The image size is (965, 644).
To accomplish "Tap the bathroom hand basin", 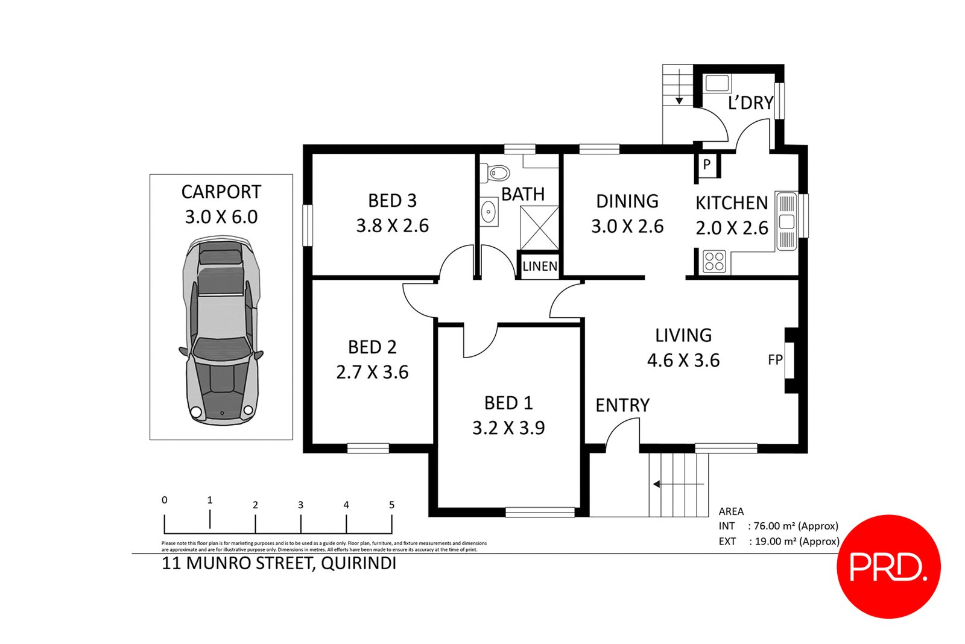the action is click(489, 212).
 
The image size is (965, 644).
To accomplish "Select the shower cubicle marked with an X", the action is click(539, 228).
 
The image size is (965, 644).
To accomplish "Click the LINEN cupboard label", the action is click(540, 266).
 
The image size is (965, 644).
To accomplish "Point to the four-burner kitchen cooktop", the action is click(714, 262).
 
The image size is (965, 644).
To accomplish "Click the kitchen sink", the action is click(786, 221).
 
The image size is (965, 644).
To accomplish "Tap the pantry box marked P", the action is click(707, 165).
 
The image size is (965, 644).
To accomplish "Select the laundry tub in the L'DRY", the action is click(717, 83).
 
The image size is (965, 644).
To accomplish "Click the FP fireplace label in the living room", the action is click(775, 360).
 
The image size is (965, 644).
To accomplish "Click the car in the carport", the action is click(221, 330).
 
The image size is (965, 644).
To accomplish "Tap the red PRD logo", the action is click(888, 567).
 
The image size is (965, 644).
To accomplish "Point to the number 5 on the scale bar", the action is click(391, 505).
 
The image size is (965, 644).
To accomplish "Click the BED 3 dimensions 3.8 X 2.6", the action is click(393, 226).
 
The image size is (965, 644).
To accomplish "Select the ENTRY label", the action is click(622, 405).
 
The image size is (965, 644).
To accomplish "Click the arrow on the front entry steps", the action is click(679, 484).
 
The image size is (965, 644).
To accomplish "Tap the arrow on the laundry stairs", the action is click(679, 87).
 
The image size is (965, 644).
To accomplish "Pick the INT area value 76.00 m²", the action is click(774, 526).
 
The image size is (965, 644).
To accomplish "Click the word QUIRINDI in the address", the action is click(358, 564).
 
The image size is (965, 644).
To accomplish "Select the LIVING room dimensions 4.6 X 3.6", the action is click(683, 360).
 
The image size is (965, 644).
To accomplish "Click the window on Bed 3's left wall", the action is click(308, 226).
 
